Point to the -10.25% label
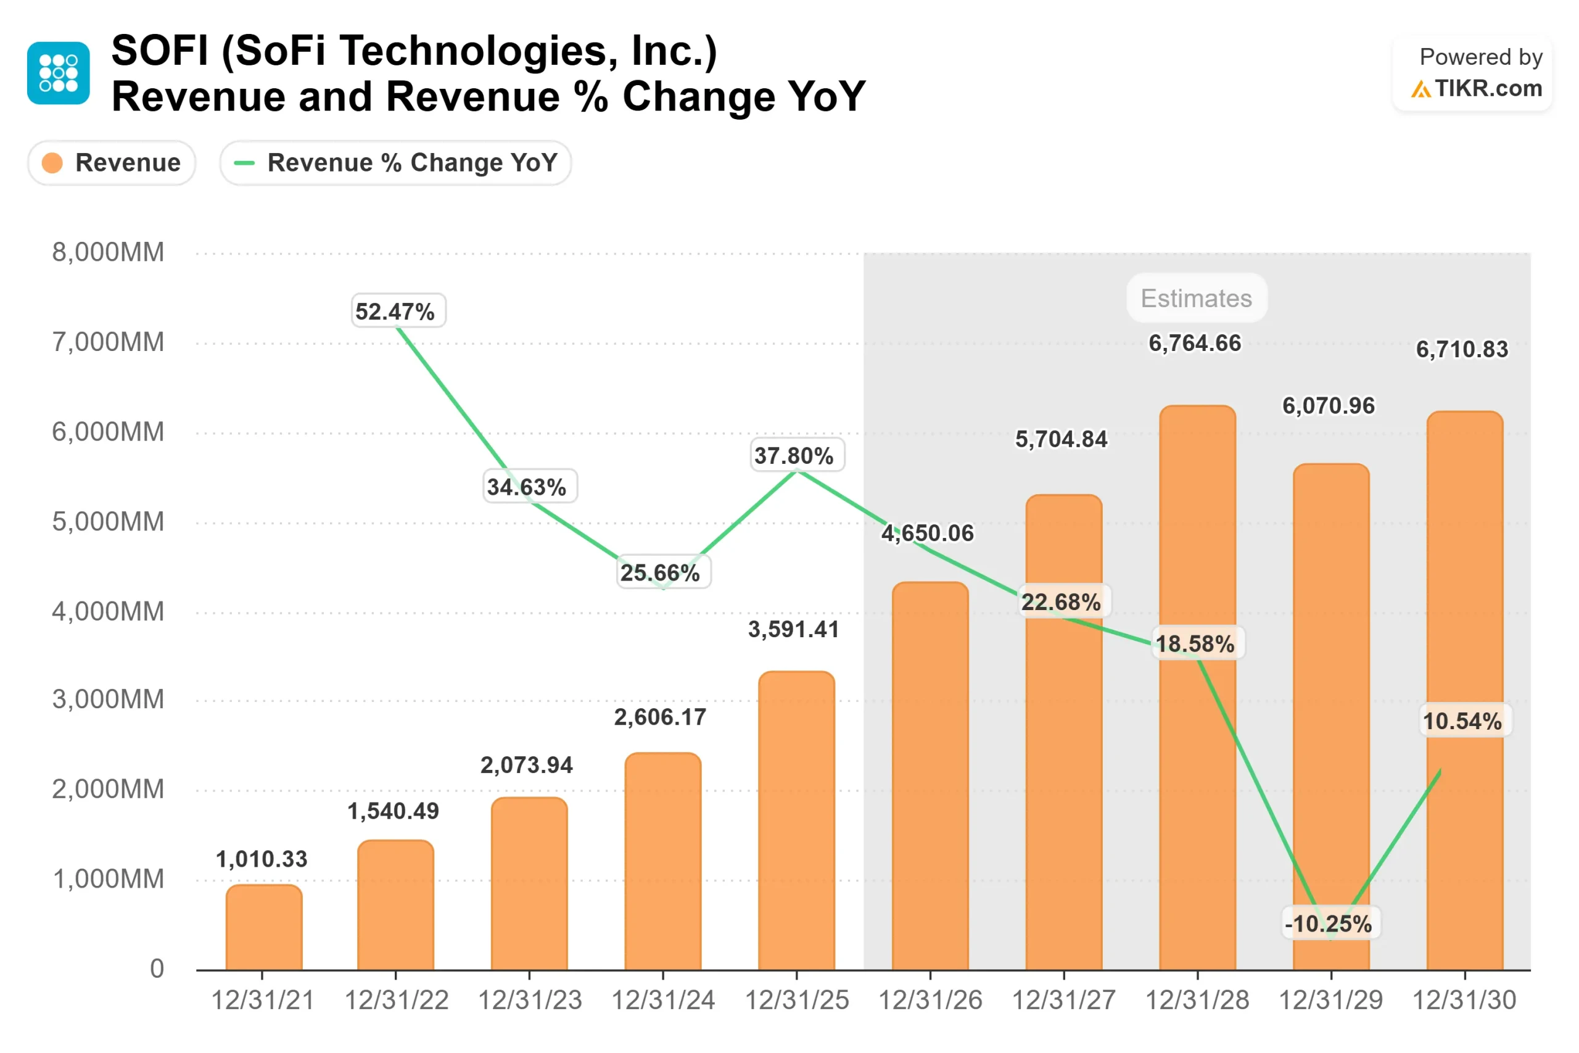coord(1330,923)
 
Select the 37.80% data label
coord(796,455)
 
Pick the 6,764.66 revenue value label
coord(1195,343)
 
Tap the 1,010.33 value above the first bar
coord(262,859)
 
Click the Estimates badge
coord(1197,297)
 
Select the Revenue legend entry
coord(112,162)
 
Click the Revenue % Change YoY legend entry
coord(395,162)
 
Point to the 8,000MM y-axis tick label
coord(108,252)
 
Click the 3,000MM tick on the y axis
coord(108,699)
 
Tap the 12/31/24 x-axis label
coord(662,1000)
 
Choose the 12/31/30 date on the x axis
coord(1464,1000)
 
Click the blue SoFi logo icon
coord(59,73)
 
